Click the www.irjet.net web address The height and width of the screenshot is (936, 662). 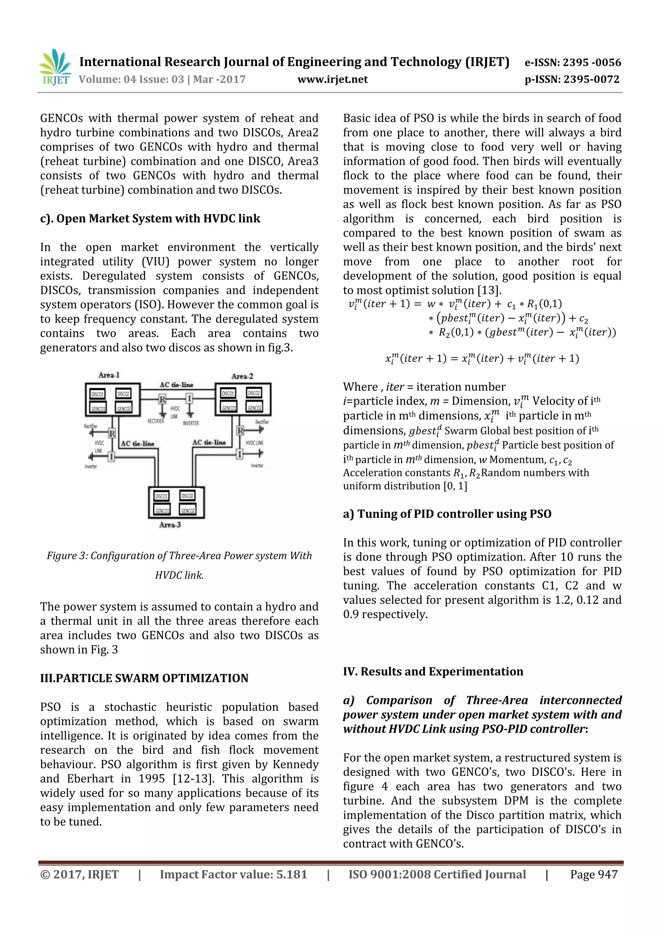point(332,79)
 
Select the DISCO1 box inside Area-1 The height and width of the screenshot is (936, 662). point(98,394)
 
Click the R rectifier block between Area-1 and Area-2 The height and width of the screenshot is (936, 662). point(162,399)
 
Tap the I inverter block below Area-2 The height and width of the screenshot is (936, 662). point(240,454)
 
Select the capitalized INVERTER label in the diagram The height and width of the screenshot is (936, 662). point(190,423)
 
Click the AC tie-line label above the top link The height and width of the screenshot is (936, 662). point(176,384)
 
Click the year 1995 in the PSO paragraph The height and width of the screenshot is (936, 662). point(152,778)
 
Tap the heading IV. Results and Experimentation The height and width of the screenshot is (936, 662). point(433,671)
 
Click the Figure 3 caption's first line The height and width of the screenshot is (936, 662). point(179,556)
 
